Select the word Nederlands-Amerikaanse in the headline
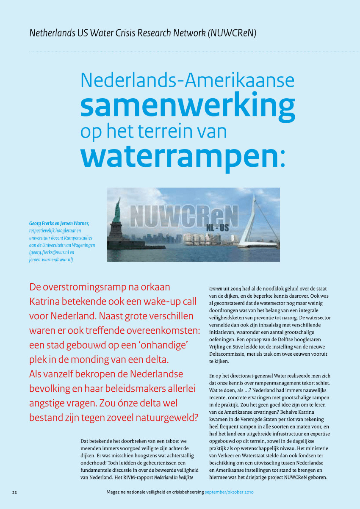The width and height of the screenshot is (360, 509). click(187, 80)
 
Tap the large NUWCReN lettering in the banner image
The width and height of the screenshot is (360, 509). click(184, 216)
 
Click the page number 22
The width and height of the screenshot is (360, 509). click(14, 492)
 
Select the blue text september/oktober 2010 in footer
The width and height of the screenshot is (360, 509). click(229, 492)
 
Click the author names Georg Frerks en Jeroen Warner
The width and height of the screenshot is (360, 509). click(59, 223)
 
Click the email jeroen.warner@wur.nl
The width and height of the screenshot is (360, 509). click(48, 260)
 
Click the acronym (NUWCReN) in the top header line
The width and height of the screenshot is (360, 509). click(232, 33)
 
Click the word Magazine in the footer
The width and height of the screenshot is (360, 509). click(118, 492)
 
